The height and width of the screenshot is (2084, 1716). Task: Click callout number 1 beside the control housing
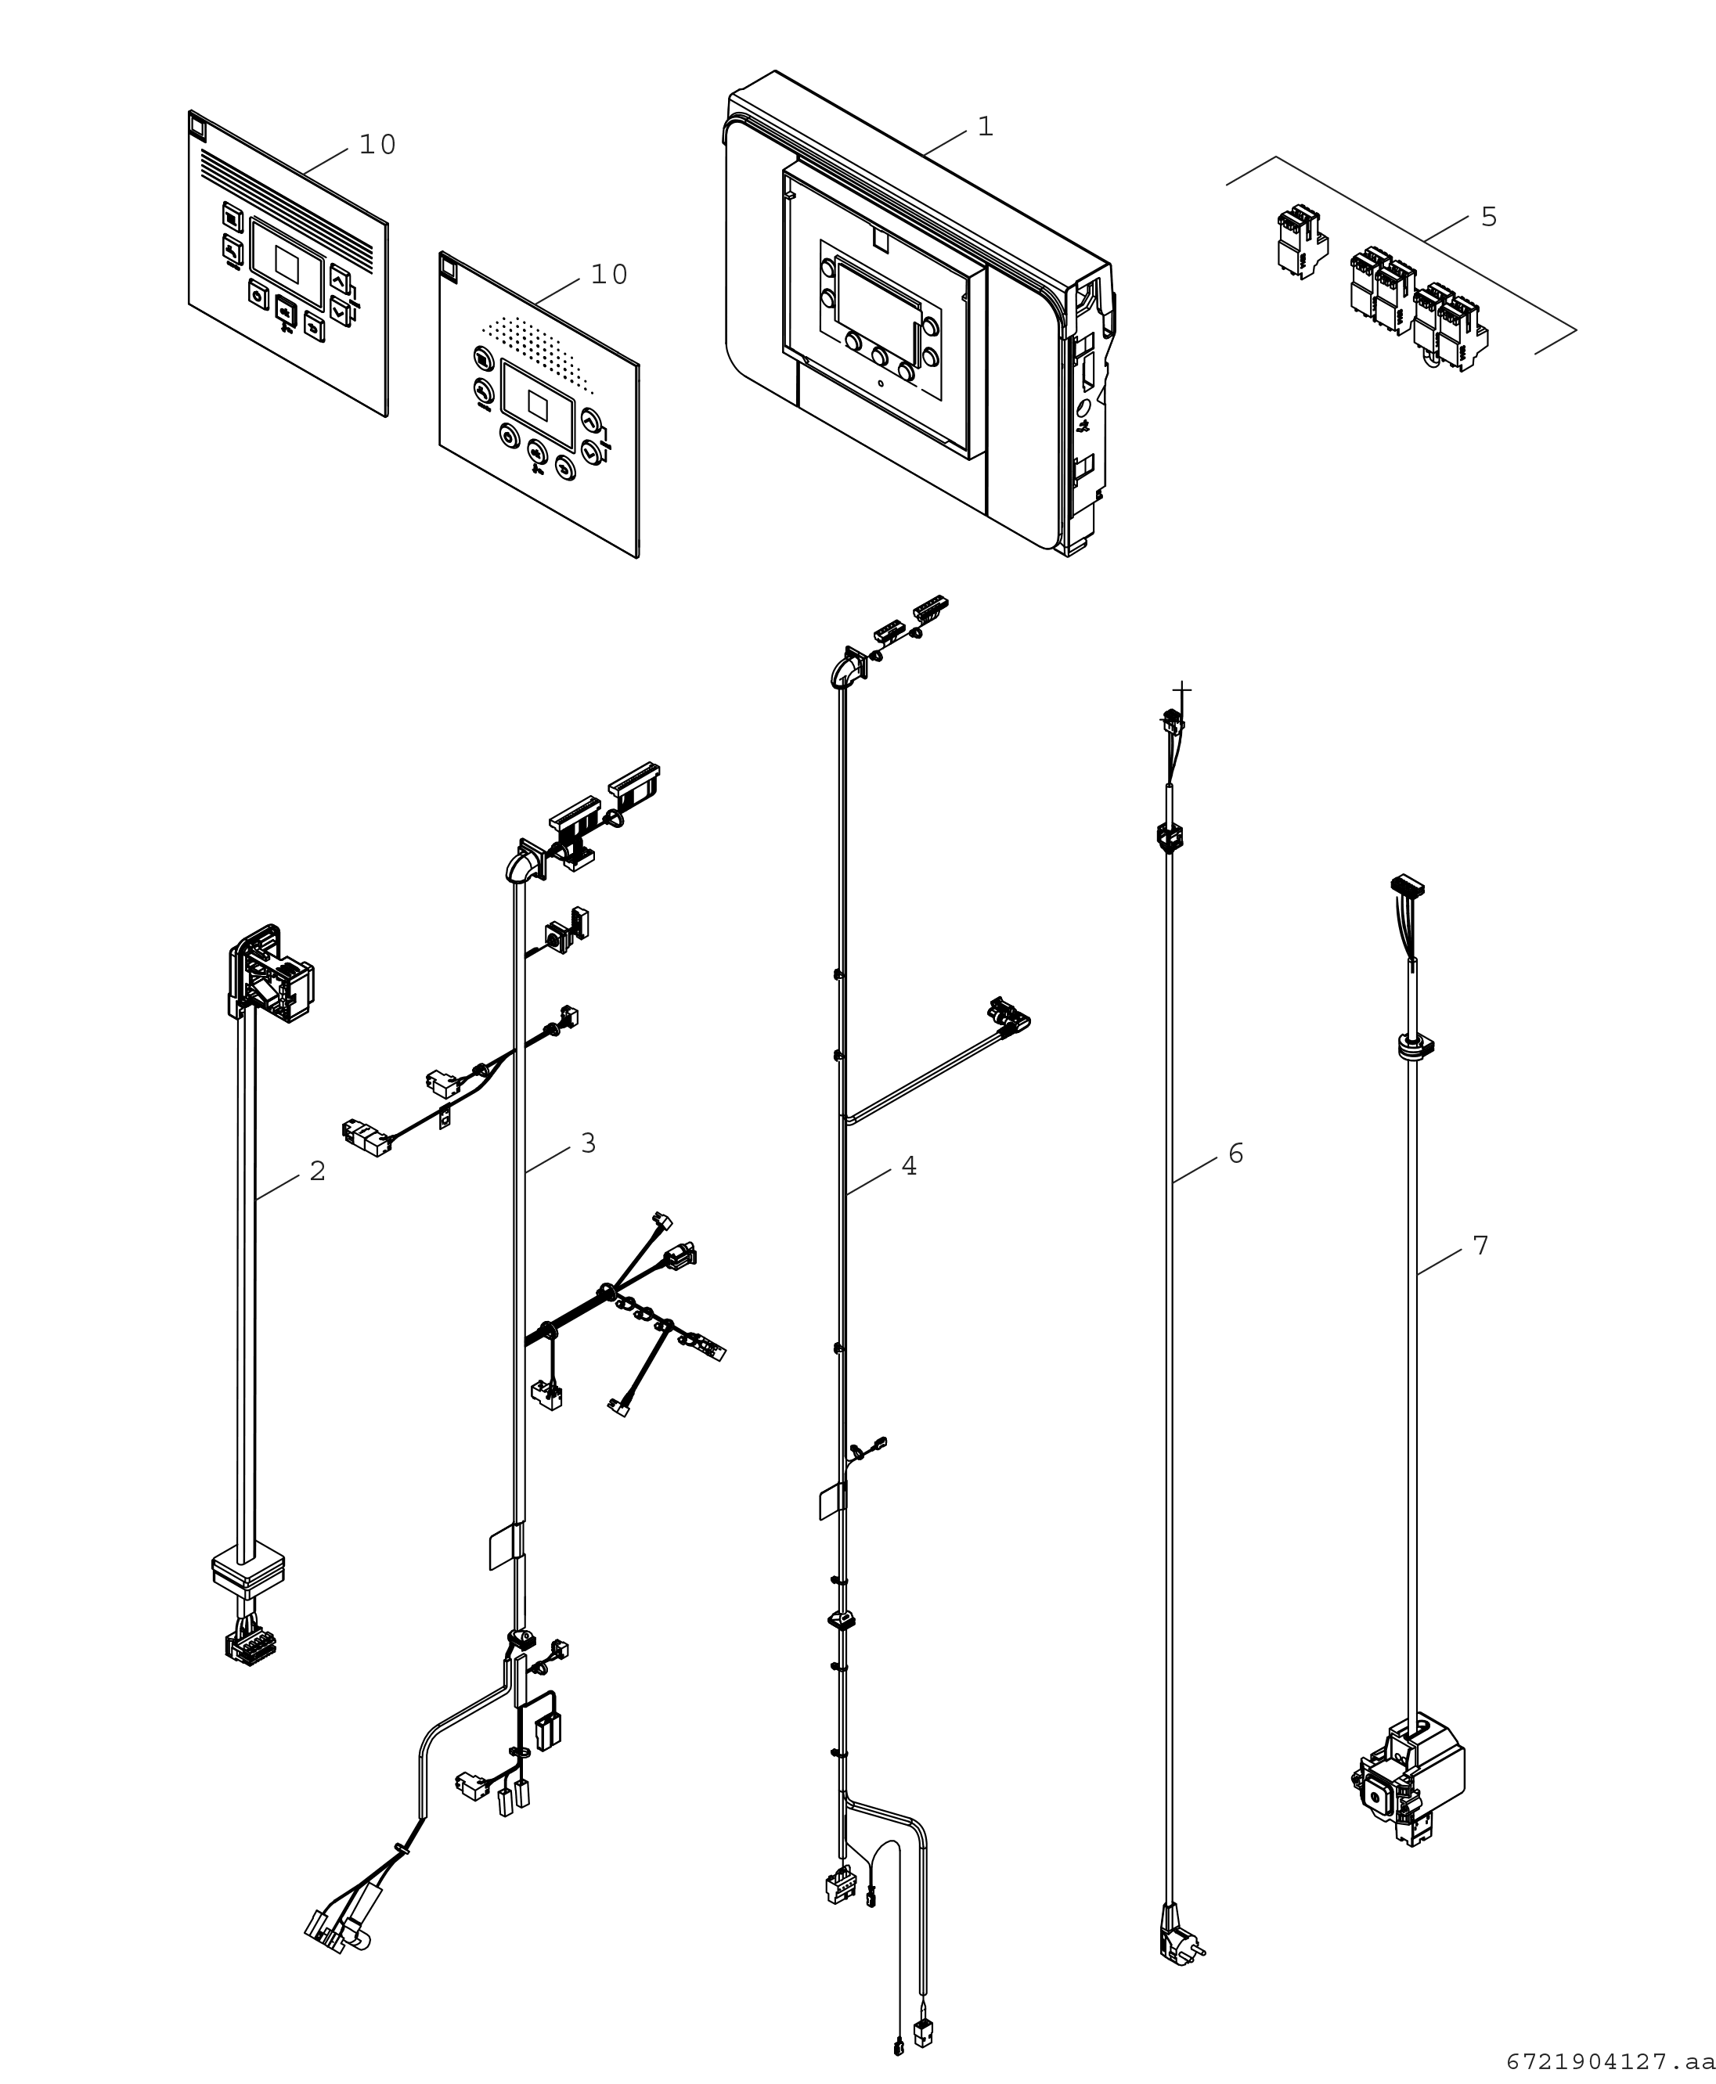(985, 127)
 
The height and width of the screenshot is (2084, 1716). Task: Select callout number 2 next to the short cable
(317, 1171)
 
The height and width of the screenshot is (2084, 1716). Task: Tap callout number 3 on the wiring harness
(588, 1143)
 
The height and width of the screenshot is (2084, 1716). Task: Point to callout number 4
(908, 1167)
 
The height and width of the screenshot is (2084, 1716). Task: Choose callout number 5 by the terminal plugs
(1489, 217)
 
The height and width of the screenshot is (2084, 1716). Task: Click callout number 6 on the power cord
(1235, 1154)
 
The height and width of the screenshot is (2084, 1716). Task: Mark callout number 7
(1480, 1246)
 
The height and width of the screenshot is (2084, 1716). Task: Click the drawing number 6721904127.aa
(1610, 2061)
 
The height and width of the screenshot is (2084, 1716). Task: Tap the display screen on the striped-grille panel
(287, 263)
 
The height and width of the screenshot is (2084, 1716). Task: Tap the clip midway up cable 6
(1170, 837)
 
